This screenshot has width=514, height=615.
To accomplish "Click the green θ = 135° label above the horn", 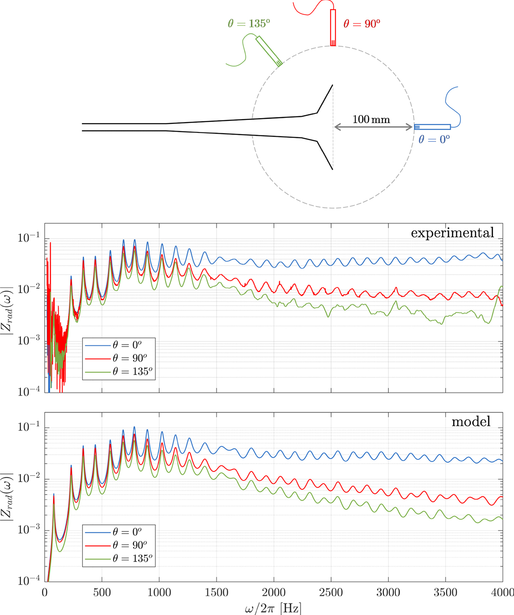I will coord(249,24).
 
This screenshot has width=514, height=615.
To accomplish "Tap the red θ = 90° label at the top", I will coord(362,24).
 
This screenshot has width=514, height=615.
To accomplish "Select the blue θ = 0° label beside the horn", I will coord(434,139).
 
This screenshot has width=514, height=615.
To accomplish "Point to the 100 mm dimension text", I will coord(371,120).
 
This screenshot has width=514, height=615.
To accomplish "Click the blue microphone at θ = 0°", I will coord(433,127).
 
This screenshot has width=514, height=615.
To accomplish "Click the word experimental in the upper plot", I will coord(452,233).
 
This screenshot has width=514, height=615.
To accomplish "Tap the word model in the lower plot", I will coord(471,422).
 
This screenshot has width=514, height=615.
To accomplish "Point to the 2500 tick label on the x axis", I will coord(331,593).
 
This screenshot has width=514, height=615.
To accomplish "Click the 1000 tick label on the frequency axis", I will coord(159,593).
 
